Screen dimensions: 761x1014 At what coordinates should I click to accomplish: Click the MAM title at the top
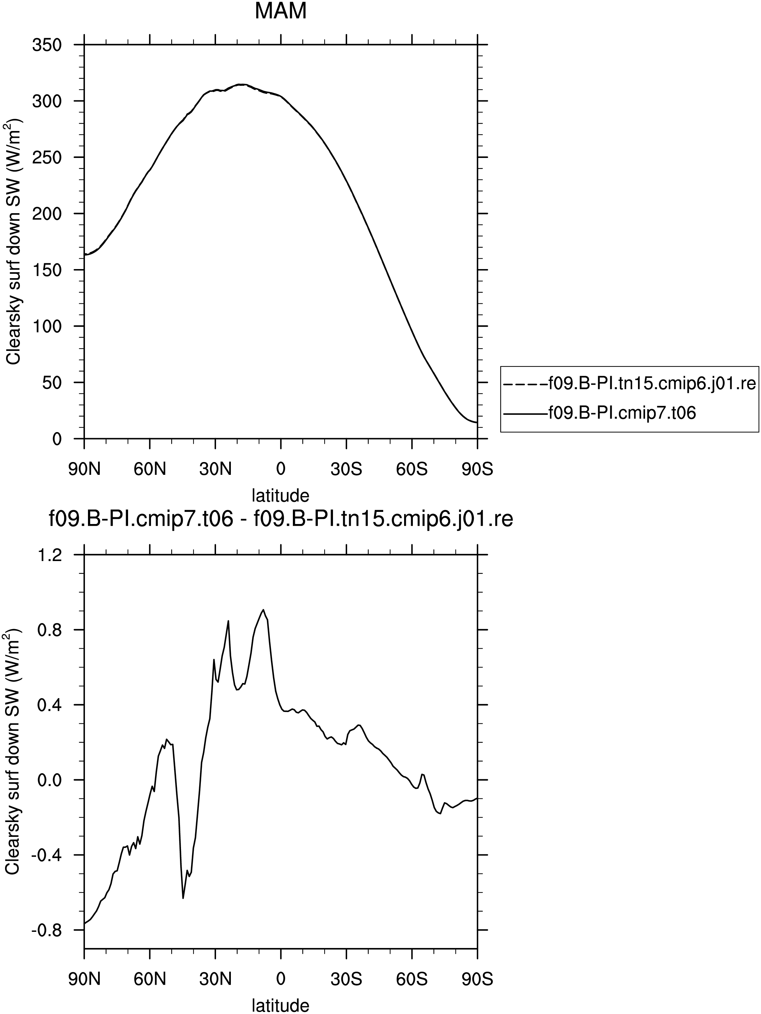coord(280,11)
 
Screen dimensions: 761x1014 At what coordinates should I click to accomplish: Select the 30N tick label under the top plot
coord(215,469)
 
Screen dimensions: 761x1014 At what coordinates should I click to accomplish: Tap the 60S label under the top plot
coord(412,469)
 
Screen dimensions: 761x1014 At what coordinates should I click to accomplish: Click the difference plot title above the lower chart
coord(281,520)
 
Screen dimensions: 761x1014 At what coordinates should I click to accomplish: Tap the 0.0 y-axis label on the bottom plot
coord(50,780)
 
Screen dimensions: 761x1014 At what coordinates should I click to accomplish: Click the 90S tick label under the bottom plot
coord(477,979)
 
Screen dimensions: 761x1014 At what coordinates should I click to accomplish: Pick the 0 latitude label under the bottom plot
coord(281,979)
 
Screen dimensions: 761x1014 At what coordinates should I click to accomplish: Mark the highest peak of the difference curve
coord(263,610)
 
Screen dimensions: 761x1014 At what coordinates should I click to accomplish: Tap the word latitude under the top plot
coord(281,495)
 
